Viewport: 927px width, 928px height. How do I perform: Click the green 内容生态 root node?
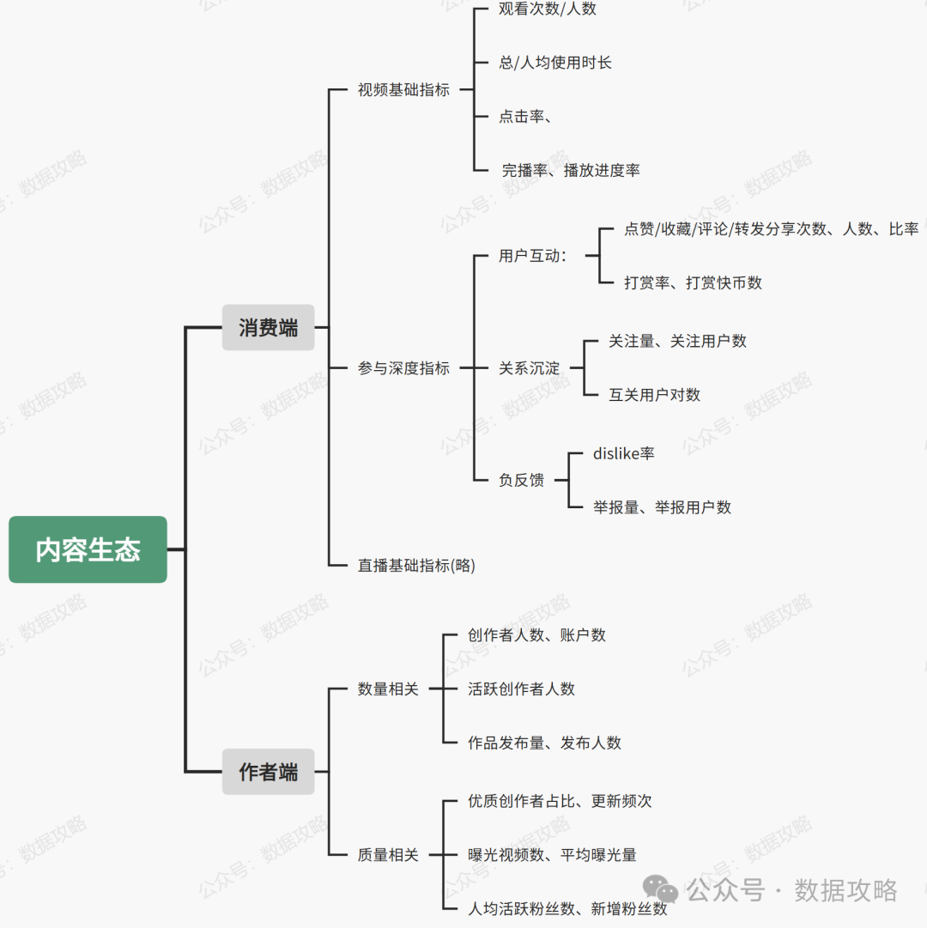point(88,549)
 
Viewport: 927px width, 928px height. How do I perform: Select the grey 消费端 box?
point(268,327)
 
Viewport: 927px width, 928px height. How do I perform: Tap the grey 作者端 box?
point(268,772)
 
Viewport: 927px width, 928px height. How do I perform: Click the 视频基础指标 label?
point(403,89)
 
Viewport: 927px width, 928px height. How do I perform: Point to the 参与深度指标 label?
point(403,368)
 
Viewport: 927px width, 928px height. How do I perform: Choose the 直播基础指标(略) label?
point(416,565)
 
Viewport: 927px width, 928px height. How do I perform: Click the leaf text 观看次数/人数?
point(548,9)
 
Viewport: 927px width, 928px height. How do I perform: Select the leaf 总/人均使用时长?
point(555,63)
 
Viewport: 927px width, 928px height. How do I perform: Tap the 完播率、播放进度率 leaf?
point(571,170)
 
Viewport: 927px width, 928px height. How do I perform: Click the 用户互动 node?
point(532,256)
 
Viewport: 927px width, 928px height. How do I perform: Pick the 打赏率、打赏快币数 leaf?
point(693,282)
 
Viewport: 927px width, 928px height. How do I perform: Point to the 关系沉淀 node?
point(529,368)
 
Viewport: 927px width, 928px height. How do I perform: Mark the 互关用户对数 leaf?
point(654,395)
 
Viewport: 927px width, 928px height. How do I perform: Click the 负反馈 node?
point(521,480)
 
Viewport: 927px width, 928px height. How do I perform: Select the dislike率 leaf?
point(623,453)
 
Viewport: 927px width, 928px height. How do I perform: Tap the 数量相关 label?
point(388,688)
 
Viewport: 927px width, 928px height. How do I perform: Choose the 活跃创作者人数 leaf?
point(521,688)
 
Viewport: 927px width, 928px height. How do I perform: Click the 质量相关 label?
point(388,855)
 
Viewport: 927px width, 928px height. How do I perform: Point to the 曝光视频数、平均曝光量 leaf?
point(552,855)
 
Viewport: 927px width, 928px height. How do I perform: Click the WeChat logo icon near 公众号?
point(661,889)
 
